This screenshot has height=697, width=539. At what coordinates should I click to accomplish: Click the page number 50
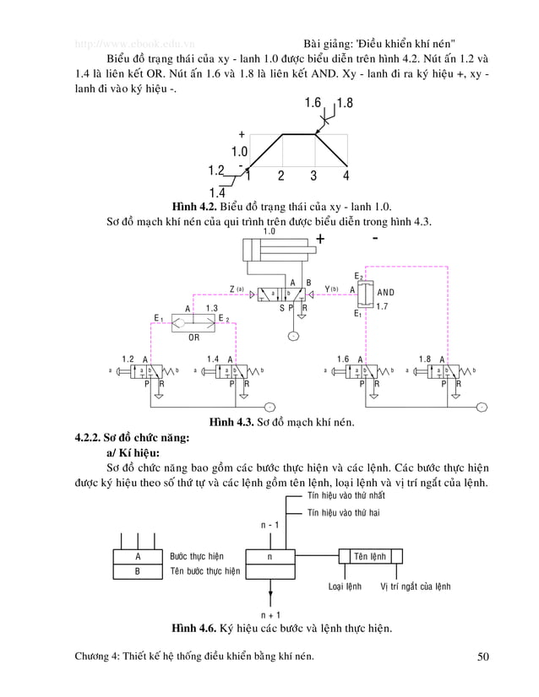(x=482, y=656)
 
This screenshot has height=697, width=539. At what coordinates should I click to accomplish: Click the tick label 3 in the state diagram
(x=313, y=176)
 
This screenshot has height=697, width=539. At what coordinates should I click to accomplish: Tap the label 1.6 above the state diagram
(x=312, y=104)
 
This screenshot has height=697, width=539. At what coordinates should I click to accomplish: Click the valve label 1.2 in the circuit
(x=128, y=359)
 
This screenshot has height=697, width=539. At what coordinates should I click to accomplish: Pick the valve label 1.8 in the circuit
(x=425, y=359)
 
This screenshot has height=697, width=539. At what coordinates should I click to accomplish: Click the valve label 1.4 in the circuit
(x=212, y=359)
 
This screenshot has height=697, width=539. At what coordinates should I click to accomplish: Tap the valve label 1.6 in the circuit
(x=342, y=359)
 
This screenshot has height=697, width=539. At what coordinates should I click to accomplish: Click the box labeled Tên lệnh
(x=371, y=556)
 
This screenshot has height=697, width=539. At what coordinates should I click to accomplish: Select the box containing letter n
(x=269, y=557)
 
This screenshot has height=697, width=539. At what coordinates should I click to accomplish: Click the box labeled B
(x=138, y=571)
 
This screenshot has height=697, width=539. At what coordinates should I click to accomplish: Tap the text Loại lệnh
(x=345, y=585)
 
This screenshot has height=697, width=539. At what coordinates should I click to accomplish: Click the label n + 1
(x=270, y=614)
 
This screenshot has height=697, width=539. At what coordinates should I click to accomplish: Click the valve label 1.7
(x=383, y=306)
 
